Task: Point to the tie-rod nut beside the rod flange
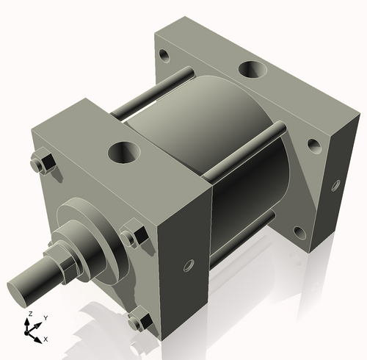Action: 134,235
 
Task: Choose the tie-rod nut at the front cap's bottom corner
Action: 139,320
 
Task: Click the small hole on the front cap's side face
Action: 189,264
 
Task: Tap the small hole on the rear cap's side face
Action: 336,184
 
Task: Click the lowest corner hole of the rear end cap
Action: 299,233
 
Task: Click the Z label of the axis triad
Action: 29,314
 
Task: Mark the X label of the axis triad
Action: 46,339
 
